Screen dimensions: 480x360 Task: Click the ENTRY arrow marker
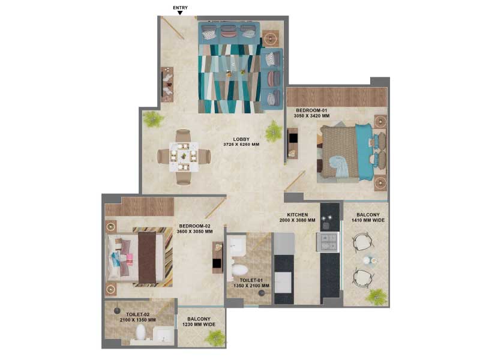180,13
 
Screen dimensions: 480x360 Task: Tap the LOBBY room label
241,139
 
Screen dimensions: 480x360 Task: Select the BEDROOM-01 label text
311,110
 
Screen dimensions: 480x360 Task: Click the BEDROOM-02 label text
194,226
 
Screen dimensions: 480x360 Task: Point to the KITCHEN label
297,215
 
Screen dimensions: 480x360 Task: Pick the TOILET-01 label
251,280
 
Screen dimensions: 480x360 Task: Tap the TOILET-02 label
138,314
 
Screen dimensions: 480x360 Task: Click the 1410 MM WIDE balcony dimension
368,220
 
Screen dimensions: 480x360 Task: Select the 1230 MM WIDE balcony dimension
199,325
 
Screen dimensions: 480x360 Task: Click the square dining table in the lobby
184,157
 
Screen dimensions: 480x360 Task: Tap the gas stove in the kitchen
328,242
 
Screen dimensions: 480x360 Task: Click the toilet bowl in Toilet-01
239,269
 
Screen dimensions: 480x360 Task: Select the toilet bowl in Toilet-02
140,332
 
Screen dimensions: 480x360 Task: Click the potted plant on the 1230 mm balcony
216,337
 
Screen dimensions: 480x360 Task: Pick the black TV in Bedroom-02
217,263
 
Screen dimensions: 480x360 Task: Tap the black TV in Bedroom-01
293,139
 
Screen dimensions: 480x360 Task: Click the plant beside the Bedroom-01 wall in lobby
273,131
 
